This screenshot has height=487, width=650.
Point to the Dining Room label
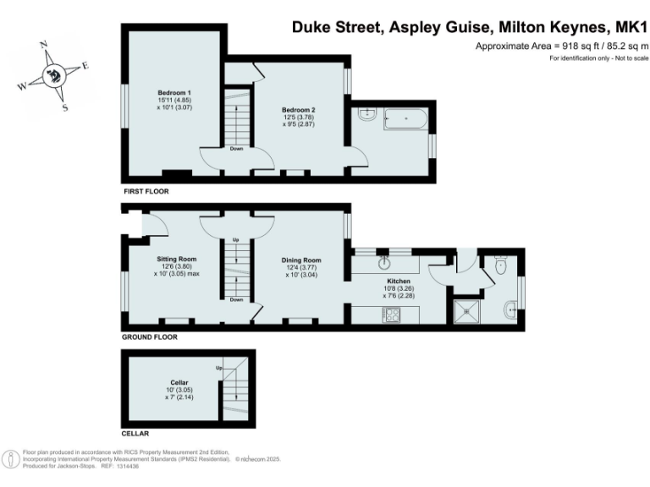click(301, 260)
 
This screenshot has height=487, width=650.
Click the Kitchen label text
click(399, 281)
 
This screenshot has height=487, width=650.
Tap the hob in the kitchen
click(393, 315)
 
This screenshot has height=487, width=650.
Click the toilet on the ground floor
click(500, 268)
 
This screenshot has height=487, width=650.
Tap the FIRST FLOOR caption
click(146, 192)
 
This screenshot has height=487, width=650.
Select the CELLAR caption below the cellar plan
click(136, 434)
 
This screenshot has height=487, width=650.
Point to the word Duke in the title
click(312, 26)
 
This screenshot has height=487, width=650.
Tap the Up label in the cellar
click(218, 368)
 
